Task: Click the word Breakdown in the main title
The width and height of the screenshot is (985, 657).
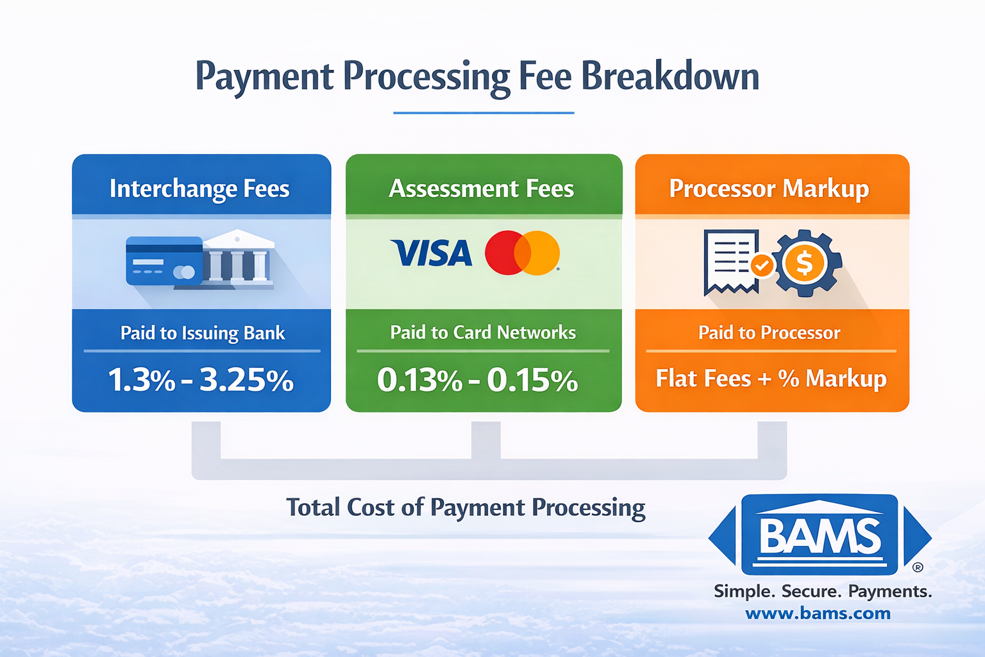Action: coord(669,76)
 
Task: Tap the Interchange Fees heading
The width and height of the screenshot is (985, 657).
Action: coord(199,189)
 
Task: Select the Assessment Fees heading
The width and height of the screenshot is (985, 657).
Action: coord(482,189)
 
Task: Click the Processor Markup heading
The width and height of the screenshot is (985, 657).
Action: coord(769,189)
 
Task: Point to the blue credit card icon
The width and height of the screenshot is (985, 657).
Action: coord(164,261)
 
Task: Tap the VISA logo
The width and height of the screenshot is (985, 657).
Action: coord(432,253)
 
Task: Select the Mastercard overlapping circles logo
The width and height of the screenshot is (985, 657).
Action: coord(522,253)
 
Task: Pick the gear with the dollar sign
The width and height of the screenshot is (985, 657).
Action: coord(805,263)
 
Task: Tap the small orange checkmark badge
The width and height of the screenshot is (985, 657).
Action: coord(762,265)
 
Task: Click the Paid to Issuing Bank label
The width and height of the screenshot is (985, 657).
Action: coord(203,333)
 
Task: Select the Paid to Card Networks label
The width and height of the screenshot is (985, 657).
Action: coord(483,332)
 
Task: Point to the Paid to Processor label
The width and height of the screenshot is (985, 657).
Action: coord(769,332)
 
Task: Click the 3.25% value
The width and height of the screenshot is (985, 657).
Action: coord(247,380)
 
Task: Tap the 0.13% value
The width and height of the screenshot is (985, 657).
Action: coord(419,380)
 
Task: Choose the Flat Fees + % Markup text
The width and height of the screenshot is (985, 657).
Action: coord(771,379)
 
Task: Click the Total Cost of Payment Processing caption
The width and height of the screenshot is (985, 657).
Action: coord(466,508)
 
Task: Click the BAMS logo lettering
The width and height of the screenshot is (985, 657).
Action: coord(820,536)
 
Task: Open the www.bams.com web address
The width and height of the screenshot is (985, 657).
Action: coord(818,613)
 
